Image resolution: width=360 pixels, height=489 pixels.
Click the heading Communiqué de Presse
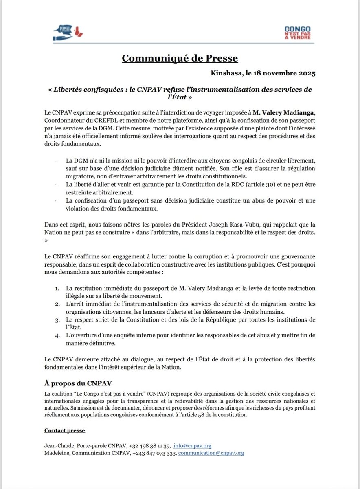click(180, 58)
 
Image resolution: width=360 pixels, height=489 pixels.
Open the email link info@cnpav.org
click(192, 446)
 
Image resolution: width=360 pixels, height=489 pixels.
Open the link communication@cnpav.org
click(211, 453)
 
